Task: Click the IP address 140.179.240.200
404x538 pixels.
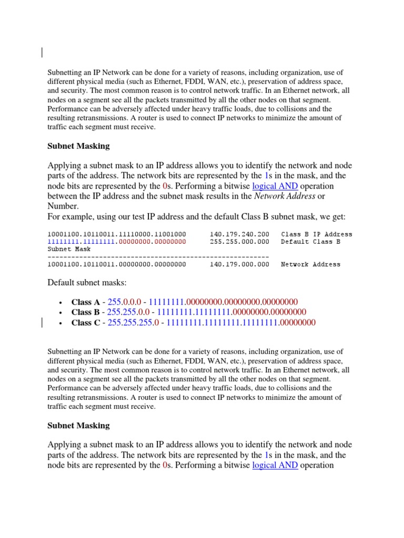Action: (239, 234)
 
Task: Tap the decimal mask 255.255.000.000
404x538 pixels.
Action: (239, 242)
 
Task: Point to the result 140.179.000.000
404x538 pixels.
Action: (239, 264)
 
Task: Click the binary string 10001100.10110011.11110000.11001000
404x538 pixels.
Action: (116, 234)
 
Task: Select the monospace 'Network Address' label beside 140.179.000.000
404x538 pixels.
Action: (310, 264)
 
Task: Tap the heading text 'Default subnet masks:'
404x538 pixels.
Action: (87, 283)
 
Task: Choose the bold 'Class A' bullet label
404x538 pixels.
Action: (85, 302)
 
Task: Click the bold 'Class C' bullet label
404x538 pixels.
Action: (85, 323)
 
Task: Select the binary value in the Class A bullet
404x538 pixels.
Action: (223, 302)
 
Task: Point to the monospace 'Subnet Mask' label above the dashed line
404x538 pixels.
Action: (69, 249)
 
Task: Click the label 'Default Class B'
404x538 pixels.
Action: (310, 242)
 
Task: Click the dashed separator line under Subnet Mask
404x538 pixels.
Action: (158, 257)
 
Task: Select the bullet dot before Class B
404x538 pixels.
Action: (62, 313)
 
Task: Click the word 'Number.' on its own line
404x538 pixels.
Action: (63, 206)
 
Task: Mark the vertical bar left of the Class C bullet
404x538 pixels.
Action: (42, 323)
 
